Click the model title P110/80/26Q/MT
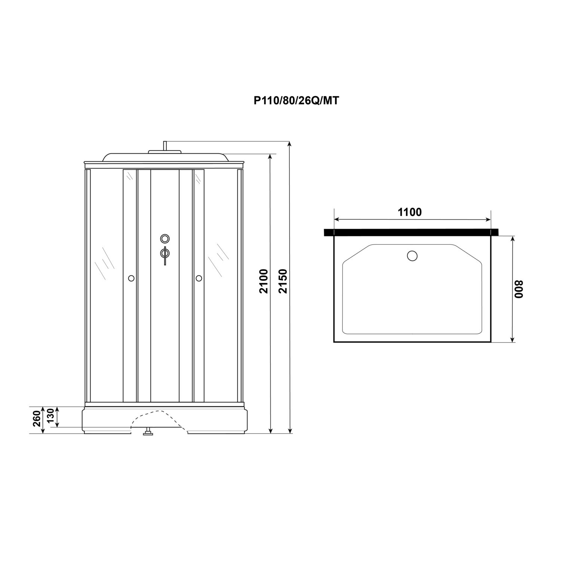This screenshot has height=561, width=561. coord(296,101)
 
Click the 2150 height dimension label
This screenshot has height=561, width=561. coord(283,281)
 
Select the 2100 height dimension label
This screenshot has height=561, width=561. coord(264,281)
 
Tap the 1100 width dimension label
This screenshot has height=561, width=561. coord(410,212)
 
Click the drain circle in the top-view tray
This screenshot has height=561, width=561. coord(412,256)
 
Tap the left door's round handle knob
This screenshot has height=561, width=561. coord(131,278)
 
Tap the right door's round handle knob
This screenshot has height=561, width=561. coord(199,278)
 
